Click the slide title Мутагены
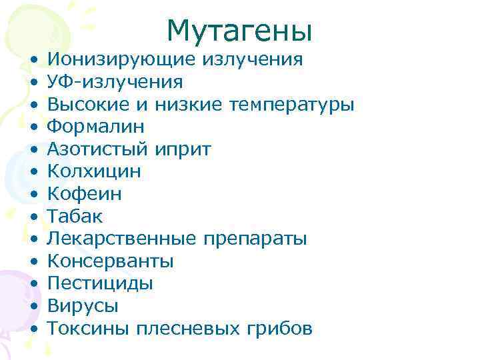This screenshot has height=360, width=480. coord(239,30)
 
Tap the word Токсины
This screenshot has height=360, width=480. coord(87,328)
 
